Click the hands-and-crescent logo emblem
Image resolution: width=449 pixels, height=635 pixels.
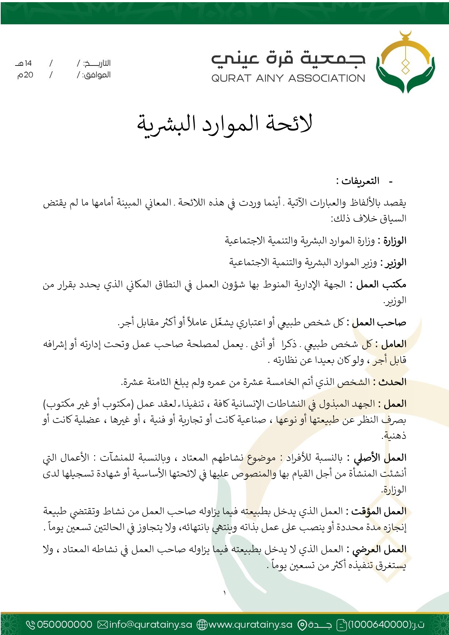[x=405, y=63]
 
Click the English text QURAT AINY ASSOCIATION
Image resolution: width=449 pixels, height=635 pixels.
[x=288, y=78]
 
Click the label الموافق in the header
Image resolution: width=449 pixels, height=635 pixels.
[x=97, y=75]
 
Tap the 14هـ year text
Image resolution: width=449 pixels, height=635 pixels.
[x=24, y=63]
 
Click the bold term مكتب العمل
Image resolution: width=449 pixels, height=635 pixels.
[x=381, y=285]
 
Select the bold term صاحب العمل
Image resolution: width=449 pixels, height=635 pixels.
[x=379, y=322]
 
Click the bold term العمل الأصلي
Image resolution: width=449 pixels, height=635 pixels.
[x=380, y=458]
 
